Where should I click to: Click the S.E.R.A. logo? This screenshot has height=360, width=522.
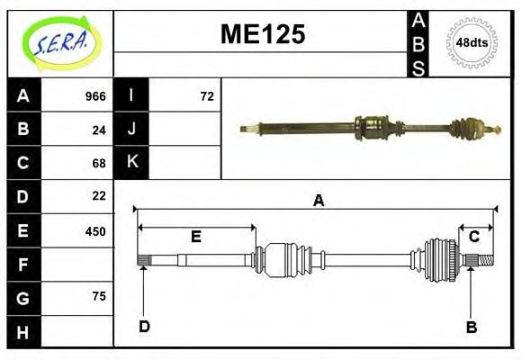pyautogui.click(x=59, y=42)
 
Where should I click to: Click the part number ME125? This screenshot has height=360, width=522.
pyautogui.click(x=263, y=35)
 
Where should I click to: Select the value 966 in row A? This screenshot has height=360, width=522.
pyautogui.click(x=95, y=96)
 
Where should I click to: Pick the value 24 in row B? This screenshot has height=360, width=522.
pyautogui.click(x=99, y=130)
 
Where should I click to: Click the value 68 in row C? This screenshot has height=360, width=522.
pyautogui.click(x=99, y=163)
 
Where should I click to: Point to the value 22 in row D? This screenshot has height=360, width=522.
pyautogui.click(x=99, y=196)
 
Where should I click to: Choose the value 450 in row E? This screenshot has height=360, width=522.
pyautogui.click(x=95, y=230)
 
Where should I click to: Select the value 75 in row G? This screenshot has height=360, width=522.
pyautogui.click(x=99, y=296)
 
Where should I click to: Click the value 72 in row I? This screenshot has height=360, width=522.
pyautogui.click(x=207, y=96)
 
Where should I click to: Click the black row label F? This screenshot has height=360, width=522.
pyautogui.click(x=22, y=264)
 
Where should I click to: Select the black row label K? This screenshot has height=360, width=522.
pyautogui.click(x=131, y=163)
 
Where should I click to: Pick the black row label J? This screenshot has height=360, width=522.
pyautogui.click(x=131, y=130)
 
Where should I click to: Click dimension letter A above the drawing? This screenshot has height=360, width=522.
pyautogui.click(x=317, y=202)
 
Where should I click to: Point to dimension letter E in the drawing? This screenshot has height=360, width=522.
pyautogui.click(x=195, y=237)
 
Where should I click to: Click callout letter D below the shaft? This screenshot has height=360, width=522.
pyautogui.click(x=144, y=327)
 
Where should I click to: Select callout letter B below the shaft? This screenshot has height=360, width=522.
pyautogui.click(x=471, y=327)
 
